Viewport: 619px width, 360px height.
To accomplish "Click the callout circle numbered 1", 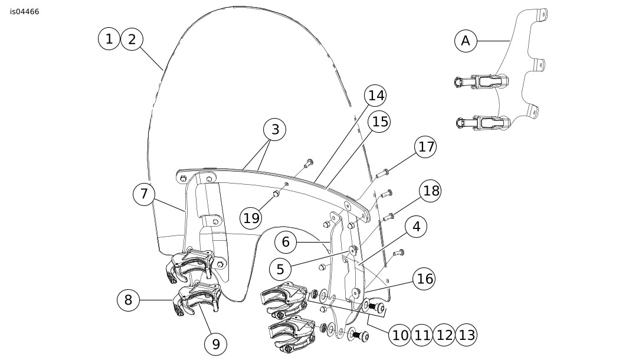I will click(109, 39).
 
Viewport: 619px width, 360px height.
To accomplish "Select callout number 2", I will click(132, 39).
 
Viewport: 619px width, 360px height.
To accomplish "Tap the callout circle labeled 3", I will click(274, 129).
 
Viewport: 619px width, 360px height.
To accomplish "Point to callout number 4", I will click(417, 227).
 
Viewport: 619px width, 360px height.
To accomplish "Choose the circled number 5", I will click(280, 270).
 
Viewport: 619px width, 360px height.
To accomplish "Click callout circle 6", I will click(286, 241).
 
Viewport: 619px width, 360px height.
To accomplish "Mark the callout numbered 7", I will click(144, 194).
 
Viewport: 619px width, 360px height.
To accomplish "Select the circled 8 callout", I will click(128, 300).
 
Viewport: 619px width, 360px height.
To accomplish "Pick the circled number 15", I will click(380, 122).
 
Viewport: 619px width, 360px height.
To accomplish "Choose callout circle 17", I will click(425, 146).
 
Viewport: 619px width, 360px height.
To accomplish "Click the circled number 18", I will click(431, 191).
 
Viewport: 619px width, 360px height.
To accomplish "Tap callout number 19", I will click(251, 218).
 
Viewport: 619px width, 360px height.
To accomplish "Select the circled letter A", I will click(466, 41).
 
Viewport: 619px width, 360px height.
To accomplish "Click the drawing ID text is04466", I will click(25, 11).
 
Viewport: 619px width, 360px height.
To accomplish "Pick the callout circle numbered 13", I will click(466, 335).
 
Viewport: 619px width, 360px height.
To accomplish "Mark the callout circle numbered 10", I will click(400, 335).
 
